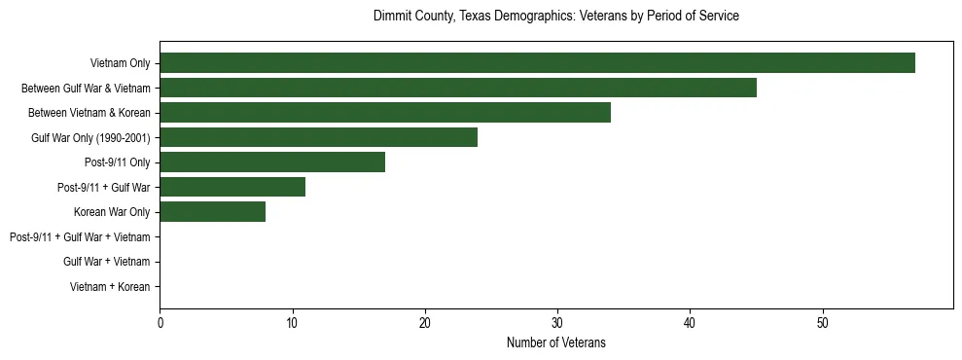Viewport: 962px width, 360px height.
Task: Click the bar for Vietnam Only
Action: (x=537, y=63)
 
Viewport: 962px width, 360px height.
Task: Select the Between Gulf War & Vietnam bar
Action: (x=458, y=88)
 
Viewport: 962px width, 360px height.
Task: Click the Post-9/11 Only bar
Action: (x=272, y=162)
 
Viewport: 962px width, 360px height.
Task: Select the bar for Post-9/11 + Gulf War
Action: (x=232, y=187)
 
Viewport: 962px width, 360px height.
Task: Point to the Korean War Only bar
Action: (x=212, y=212)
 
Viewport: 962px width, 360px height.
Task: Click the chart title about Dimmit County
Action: (x=556, y=17)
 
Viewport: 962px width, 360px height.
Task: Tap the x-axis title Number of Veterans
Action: (x=556, y=342)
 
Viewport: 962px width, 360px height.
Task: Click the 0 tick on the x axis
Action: (x=160, y=322)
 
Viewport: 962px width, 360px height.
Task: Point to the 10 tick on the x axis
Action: (x=292, y=322)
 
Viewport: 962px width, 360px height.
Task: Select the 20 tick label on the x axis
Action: (x=425, y=322)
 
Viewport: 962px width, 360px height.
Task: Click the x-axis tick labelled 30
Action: (x=557, y=322)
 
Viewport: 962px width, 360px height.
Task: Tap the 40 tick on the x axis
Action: (x=690, y=322)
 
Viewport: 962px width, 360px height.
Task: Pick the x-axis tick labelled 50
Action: (x=822, y=322)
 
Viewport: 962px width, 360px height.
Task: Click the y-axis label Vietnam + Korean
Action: (x=110, y=287)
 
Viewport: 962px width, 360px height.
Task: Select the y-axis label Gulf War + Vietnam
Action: (x=106, y=262)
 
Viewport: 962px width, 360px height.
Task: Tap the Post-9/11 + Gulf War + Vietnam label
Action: (x=80, y=237)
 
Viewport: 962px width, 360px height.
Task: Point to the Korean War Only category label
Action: (x=112, y=212)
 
